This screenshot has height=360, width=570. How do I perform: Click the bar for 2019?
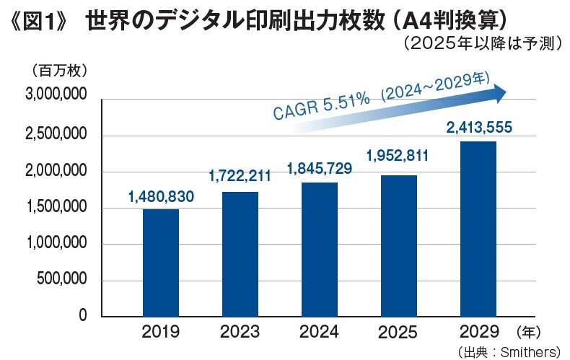tap(161, 263)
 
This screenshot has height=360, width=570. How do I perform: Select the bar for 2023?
tap(240, 254)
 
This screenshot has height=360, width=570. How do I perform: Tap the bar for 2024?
tap(320, 250)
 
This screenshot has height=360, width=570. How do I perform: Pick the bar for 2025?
tap(398, 246)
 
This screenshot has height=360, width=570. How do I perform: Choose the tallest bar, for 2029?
tap(478, 229)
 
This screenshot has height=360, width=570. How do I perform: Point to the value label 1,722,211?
tap(240, 177)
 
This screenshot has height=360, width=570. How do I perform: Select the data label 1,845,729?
tap(320, 169)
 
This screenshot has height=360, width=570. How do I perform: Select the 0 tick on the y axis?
tap(83, 316)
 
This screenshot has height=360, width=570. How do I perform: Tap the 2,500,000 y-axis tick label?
tap(56, 136)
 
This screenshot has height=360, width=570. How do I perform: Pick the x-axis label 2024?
tap(320, 333)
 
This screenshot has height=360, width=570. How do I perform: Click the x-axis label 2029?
tap(478, 333)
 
